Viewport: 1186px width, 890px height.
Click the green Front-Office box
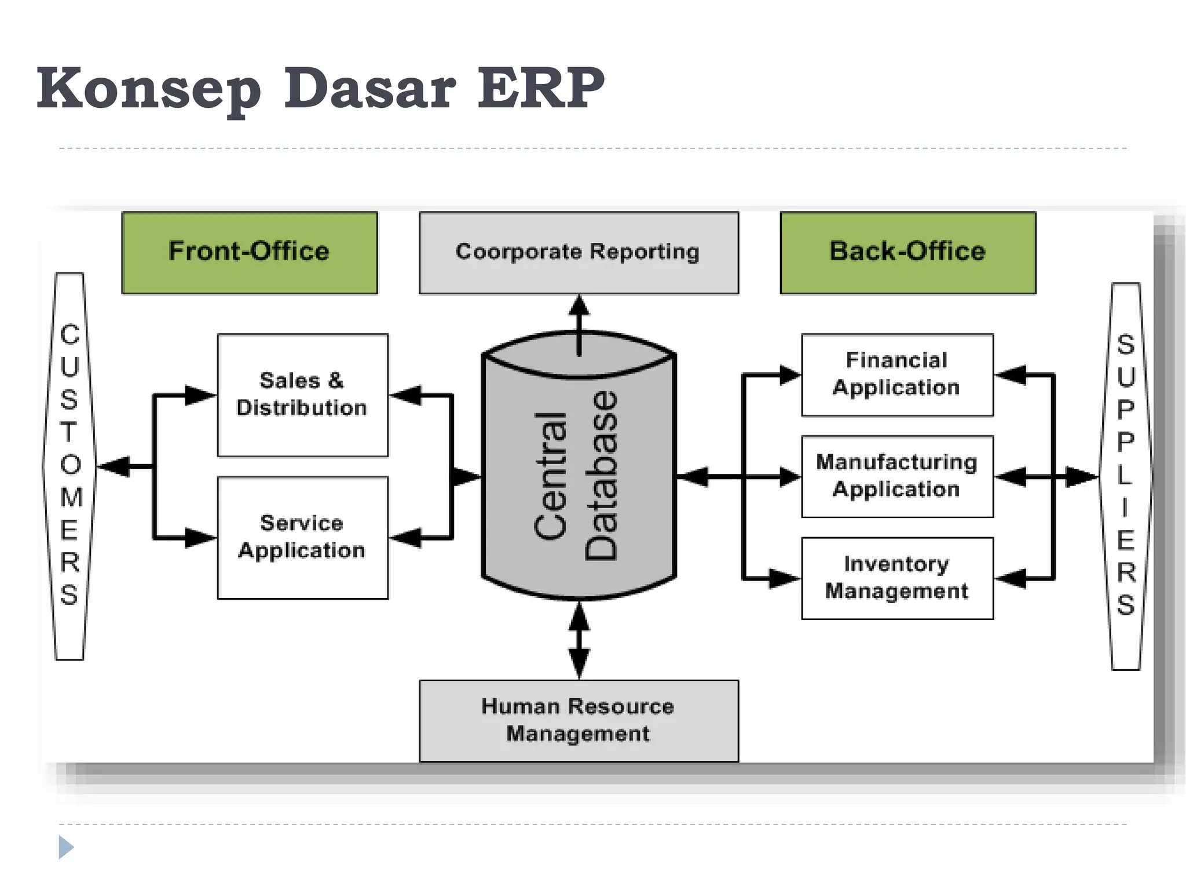click(250, 253)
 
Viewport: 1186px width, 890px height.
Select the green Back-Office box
click(907, 253)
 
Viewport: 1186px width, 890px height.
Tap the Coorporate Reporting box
click(579, 253)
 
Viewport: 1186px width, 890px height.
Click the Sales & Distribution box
click(302, 395)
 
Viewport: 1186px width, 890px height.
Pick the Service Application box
click(302, 538)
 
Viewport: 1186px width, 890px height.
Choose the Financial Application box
click(897, 375)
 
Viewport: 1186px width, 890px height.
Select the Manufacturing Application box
click(897, 476)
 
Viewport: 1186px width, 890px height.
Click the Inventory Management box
click(897, 578)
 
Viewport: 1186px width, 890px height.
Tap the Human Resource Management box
click(579, 721)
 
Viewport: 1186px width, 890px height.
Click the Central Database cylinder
click(579, 475)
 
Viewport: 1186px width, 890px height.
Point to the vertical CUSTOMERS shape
click(69, 466)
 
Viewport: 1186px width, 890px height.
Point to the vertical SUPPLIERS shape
click(1126, 476)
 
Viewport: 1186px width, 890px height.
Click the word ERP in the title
click(541, 88)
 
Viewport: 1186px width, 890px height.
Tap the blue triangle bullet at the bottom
click(66, 847)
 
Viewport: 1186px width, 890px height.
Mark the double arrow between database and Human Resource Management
click(579, 640)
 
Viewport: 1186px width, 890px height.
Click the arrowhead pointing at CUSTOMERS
click(114, 466)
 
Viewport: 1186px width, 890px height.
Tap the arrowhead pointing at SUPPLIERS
click(1082, 477)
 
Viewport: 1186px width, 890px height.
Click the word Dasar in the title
click(369, 88)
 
